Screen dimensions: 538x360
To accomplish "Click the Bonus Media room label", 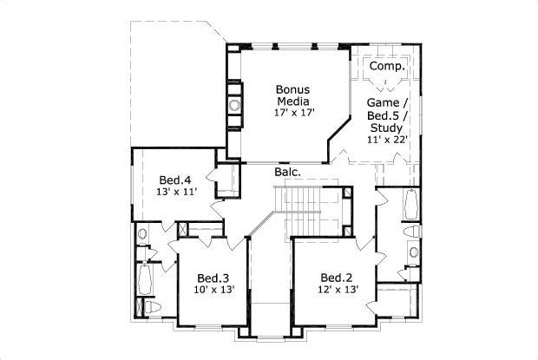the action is click(x=292, y=95).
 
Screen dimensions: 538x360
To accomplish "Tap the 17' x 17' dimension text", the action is click(x=294, y=113).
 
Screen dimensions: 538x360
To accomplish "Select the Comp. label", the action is click(x=387, y=67).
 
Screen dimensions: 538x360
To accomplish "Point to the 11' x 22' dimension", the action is click(x=387, y=140).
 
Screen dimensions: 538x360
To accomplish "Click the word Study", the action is click(x=387, y=128).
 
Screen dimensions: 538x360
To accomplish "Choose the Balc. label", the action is click(x=287, y=172).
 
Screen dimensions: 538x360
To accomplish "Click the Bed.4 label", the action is click(x=175, y=180).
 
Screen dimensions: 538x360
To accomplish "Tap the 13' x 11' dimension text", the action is click(x=176, y=192).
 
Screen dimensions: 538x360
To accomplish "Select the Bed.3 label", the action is click(x=213, y=278).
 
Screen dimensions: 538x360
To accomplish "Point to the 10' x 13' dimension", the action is click(x=214, y=290).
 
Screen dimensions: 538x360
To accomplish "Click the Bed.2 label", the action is click(x=337, y=278).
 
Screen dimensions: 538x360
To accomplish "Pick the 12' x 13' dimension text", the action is click(x=338, y=290).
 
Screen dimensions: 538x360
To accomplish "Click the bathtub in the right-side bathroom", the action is click(x=411, y=205).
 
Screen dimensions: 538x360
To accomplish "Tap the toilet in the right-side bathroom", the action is click(x=411, y=232).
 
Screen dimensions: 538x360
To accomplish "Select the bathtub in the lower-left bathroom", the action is click(x=145, y=279).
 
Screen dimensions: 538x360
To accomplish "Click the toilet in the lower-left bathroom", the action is click(x=152, y=307).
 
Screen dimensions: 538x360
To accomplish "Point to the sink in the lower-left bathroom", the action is click(x=142, y=234).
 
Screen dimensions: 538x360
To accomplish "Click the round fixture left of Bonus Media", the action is click(x=235, y=106).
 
